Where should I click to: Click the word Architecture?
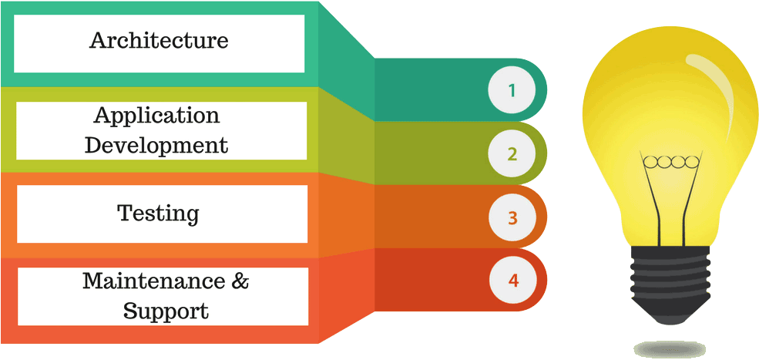159,40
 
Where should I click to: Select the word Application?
156,116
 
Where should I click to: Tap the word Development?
156,145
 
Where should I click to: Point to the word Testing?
158,214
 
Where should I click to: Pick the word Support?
166,311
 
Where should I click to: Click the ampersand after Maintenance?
240,281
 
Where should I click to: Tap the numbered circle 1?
512,91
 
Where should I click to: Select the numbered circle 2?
512,154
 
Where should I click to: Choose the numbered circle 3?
512,217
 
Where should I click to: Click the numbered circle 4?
512,280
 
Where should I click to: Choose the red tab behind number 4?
432,279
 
